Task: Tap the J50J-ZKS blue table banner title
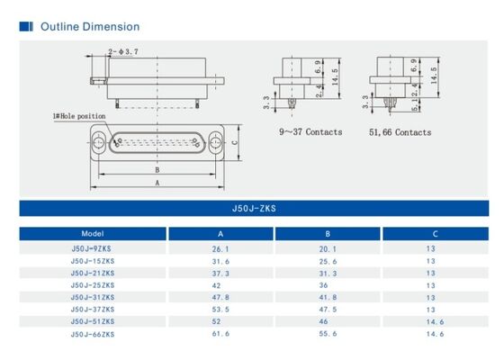click(253, 208)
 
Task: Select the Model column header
click(93, 234)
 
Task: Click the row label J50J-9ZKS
click(93, 248)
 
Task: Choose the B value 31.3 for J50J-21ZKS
click(328, 273)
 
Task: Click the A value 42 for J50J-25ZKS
click(218, 285)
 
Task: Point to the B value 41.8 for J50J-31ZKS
click(328, 297)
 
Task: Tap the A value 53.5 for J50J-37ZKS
click(220, 309)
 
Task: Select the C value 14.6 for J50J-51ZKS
click(436, 320)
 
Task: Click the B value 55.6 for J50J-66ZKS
click(328, 333)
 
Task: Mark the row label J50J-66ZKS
click(93, 333)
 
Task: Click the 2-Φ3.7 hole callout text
click(123, 52)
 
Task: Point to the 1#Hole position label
click(80, 116)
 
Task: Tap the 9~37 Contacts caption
click(311, 132)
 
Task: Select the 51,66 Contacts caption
click(400, 132)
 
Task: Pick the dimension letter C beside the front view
click(235, 141)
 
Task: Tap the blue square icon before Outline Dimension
click(26, 27)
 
